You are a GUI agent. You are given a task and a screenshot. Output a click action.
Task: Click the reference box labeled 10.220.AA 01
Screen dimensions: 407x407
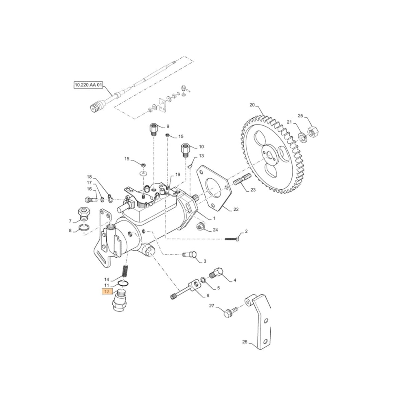click(88, 85)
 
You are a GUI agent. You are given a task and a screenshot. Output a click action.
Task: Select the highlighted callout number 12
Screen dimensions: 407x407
click(106, 291)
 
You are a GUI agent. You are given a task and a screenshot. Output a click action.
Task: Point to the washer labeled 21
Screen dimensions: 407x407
click(303, 137)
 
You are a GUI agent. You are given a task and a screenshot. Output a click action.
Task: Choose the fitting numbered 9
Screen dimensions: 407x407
click(154, 130)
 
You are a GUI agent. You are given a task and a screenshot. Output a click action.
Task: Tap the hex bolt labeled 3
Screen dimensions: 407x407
click(190, 255)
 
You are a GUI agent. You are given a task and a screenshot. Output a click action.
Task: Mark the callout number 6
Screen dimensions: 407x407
click(208, 295)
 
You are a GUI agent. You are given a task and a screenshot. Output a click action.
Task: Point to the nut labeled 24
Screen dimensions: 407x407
click(201, 226)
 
